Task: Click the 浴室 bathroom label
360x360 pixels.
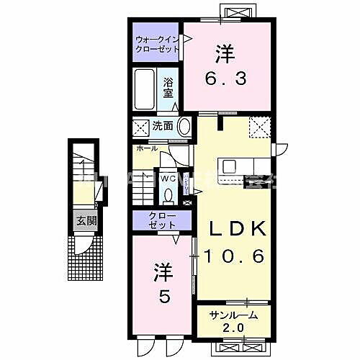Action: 168,88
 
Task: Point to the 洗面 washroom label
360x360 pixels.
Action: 162,126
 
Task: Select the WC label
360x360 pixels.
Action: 168,176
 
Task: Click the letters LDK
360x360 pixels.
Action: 238,229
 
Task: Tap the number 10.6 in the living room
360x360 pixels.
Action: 238,254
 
